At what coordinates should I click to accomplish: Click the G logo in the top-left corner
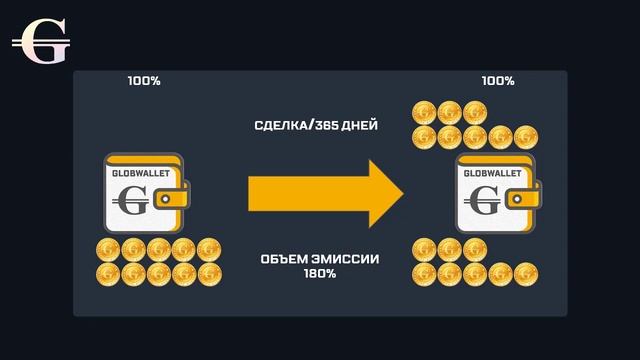[40, 42]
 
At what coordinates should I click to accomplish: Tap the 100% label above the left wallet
[144, 81]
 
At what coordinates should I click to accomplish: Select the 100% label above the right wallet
[498, 81]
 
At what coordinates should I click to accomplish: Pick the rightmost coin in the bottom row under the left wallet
[209, 273]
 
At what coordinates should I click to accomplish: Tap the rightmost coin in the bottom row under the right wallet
[525, 273]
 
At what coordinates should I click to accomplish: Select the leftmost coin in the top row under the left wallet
[108, 250]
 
